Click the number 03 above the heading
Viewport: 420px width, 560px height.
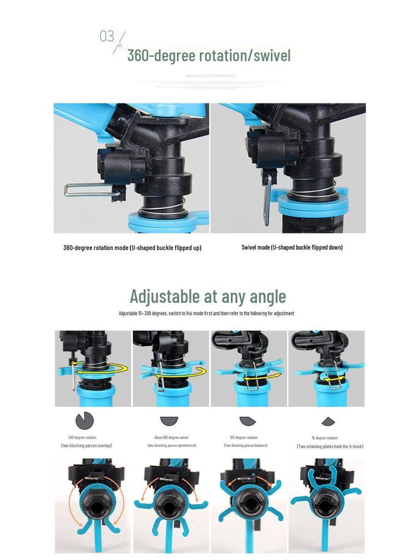point(107,37)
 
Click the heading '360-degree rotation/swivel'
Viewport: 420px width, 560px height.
point(208,55)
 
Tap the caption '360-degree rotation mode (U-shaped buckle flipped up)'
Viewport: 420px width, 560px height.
point(132,248)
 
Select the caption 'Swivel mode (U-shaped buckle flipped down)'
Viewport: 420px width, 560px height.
point(292,247)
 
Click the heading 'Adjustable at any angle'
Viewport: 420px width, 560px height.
point(208,296)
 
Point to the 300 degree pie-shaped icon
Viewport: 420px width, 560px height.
point(85,421)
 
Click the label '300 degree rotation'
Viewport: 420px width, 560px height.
point(82,437)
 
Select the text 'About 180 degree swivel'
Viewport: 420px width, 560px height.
point(171,437)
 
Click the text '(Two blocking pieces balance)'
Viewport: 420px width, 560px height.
point(246,446)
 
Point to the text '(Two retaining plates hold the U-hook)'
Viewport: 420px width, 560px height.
point(330,446)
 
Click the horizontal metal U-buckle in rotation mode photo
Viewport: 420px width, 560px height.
point(90,190)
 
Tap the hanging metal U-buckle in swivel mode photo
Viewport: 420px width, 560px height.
point(266,197)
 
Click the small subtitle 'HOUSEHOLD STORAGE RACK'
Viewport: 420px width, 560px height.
point(210,75)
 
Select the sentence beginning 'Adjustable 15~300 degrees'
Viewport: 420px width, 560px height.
point(206,313)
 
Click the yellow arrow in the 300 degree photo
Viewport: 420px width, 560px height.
point(102,370)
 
